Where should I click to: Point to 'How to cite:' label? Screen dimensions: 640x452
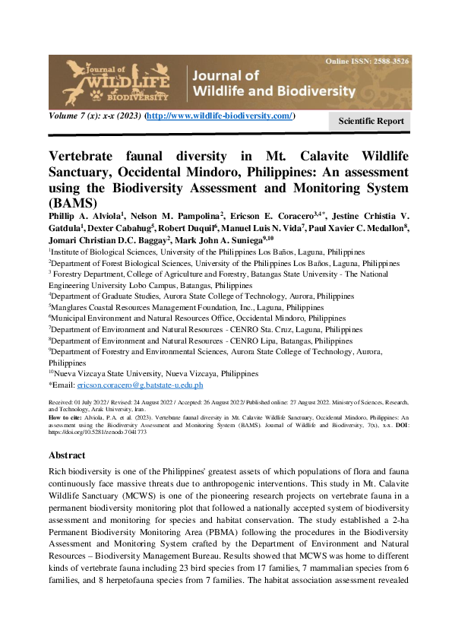click(64, 418)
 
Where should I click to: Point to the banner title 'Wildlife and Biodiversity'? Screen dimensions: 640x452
click(274, 90)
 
